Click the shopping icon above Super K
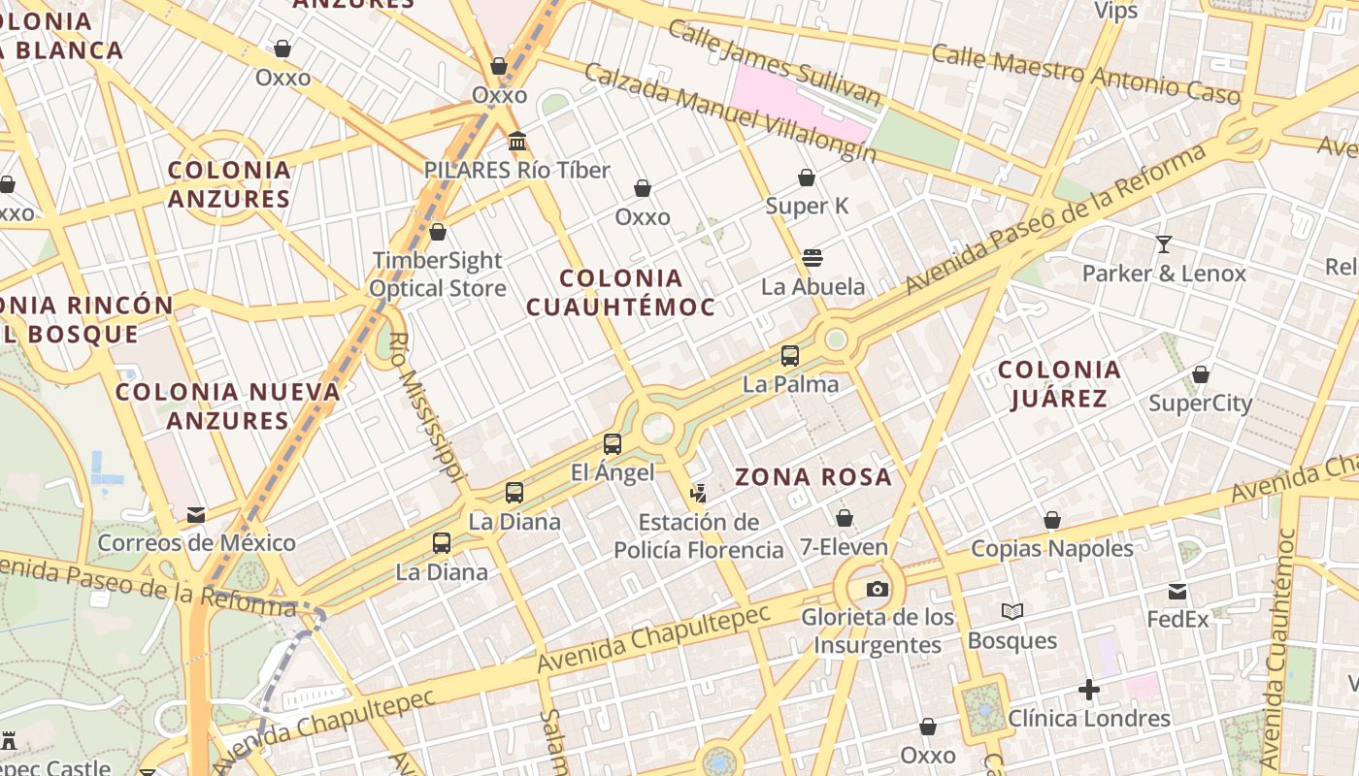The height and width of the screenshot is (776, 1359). point(806,178)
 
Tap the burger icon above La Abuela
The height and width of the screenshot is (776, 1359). point(812,258)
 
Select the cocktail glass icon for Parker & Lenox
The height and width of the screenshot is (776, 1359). point(1163,244)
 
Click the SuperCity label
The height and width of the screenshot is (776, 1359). point(1200,403)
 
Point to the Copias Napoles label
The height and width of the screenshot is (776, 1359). point(1052,549)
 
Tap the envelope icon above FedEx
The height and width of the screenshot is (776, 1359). point(1177,592)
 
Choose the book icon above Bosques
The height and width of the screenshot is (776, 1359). point(1012,612)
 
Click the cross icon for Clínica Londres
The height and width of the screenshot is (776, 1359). point(1089,690)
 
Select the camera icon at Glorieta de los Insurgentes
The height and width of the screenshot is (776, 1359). point(877,589)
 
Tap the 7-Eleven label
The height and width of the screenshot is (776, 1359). point(844,547)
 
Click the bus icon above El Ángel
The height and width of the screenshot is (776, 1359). point(612,444)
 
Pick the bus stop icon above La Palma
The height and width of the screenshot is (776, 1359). point(790,356)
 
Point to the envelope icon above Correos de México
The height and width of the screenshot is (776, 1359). point(196,515)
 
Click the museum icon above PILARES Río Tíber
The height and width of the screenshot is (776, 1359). point(517,142)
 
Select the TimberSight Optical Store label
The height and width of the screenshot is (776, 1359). point(438,275)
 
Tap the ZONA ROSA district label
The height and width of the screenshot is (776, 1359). point(812,476)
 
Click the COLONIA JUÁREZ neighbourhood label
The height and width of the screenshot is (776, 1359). point(1059,384)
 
